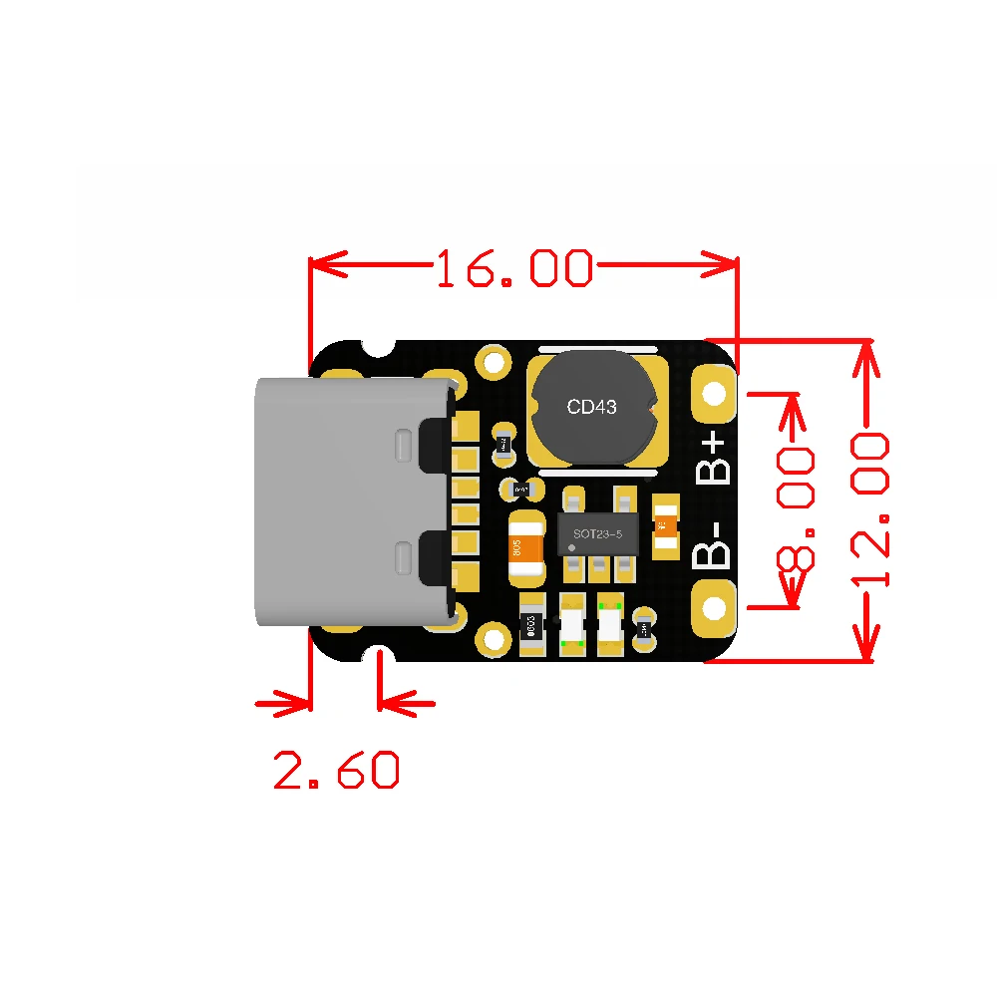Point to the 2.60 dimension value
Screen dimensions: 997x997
[x=336, y=770]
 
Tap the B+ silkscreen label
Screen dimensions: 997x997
[x=716, y=459]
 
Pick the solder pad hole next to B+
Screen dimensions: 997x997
[x=714, y=389]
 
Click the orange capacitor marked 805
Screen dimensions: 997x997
[x=526, y=548]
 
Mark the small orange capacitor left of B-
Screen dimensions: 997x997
[x=665, y=525]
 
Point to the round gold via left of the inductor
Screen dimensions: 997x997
[x=494, y=361]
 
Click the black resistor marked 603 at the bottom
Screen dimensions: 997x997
[x=532, y=625]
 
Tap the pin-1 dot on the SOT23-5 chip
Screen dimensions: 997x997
[x=571, y=548]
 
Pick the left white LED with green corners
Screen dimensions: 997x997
[x=572, y=625]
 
